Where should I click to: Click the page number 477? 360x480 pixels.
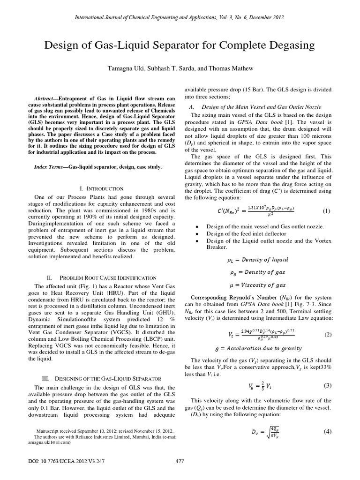click(180, 461)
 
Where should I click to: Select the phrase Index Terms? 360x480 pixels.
click(51, 167)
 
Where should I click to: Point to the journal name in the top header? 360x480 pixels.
click(180, 17)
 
